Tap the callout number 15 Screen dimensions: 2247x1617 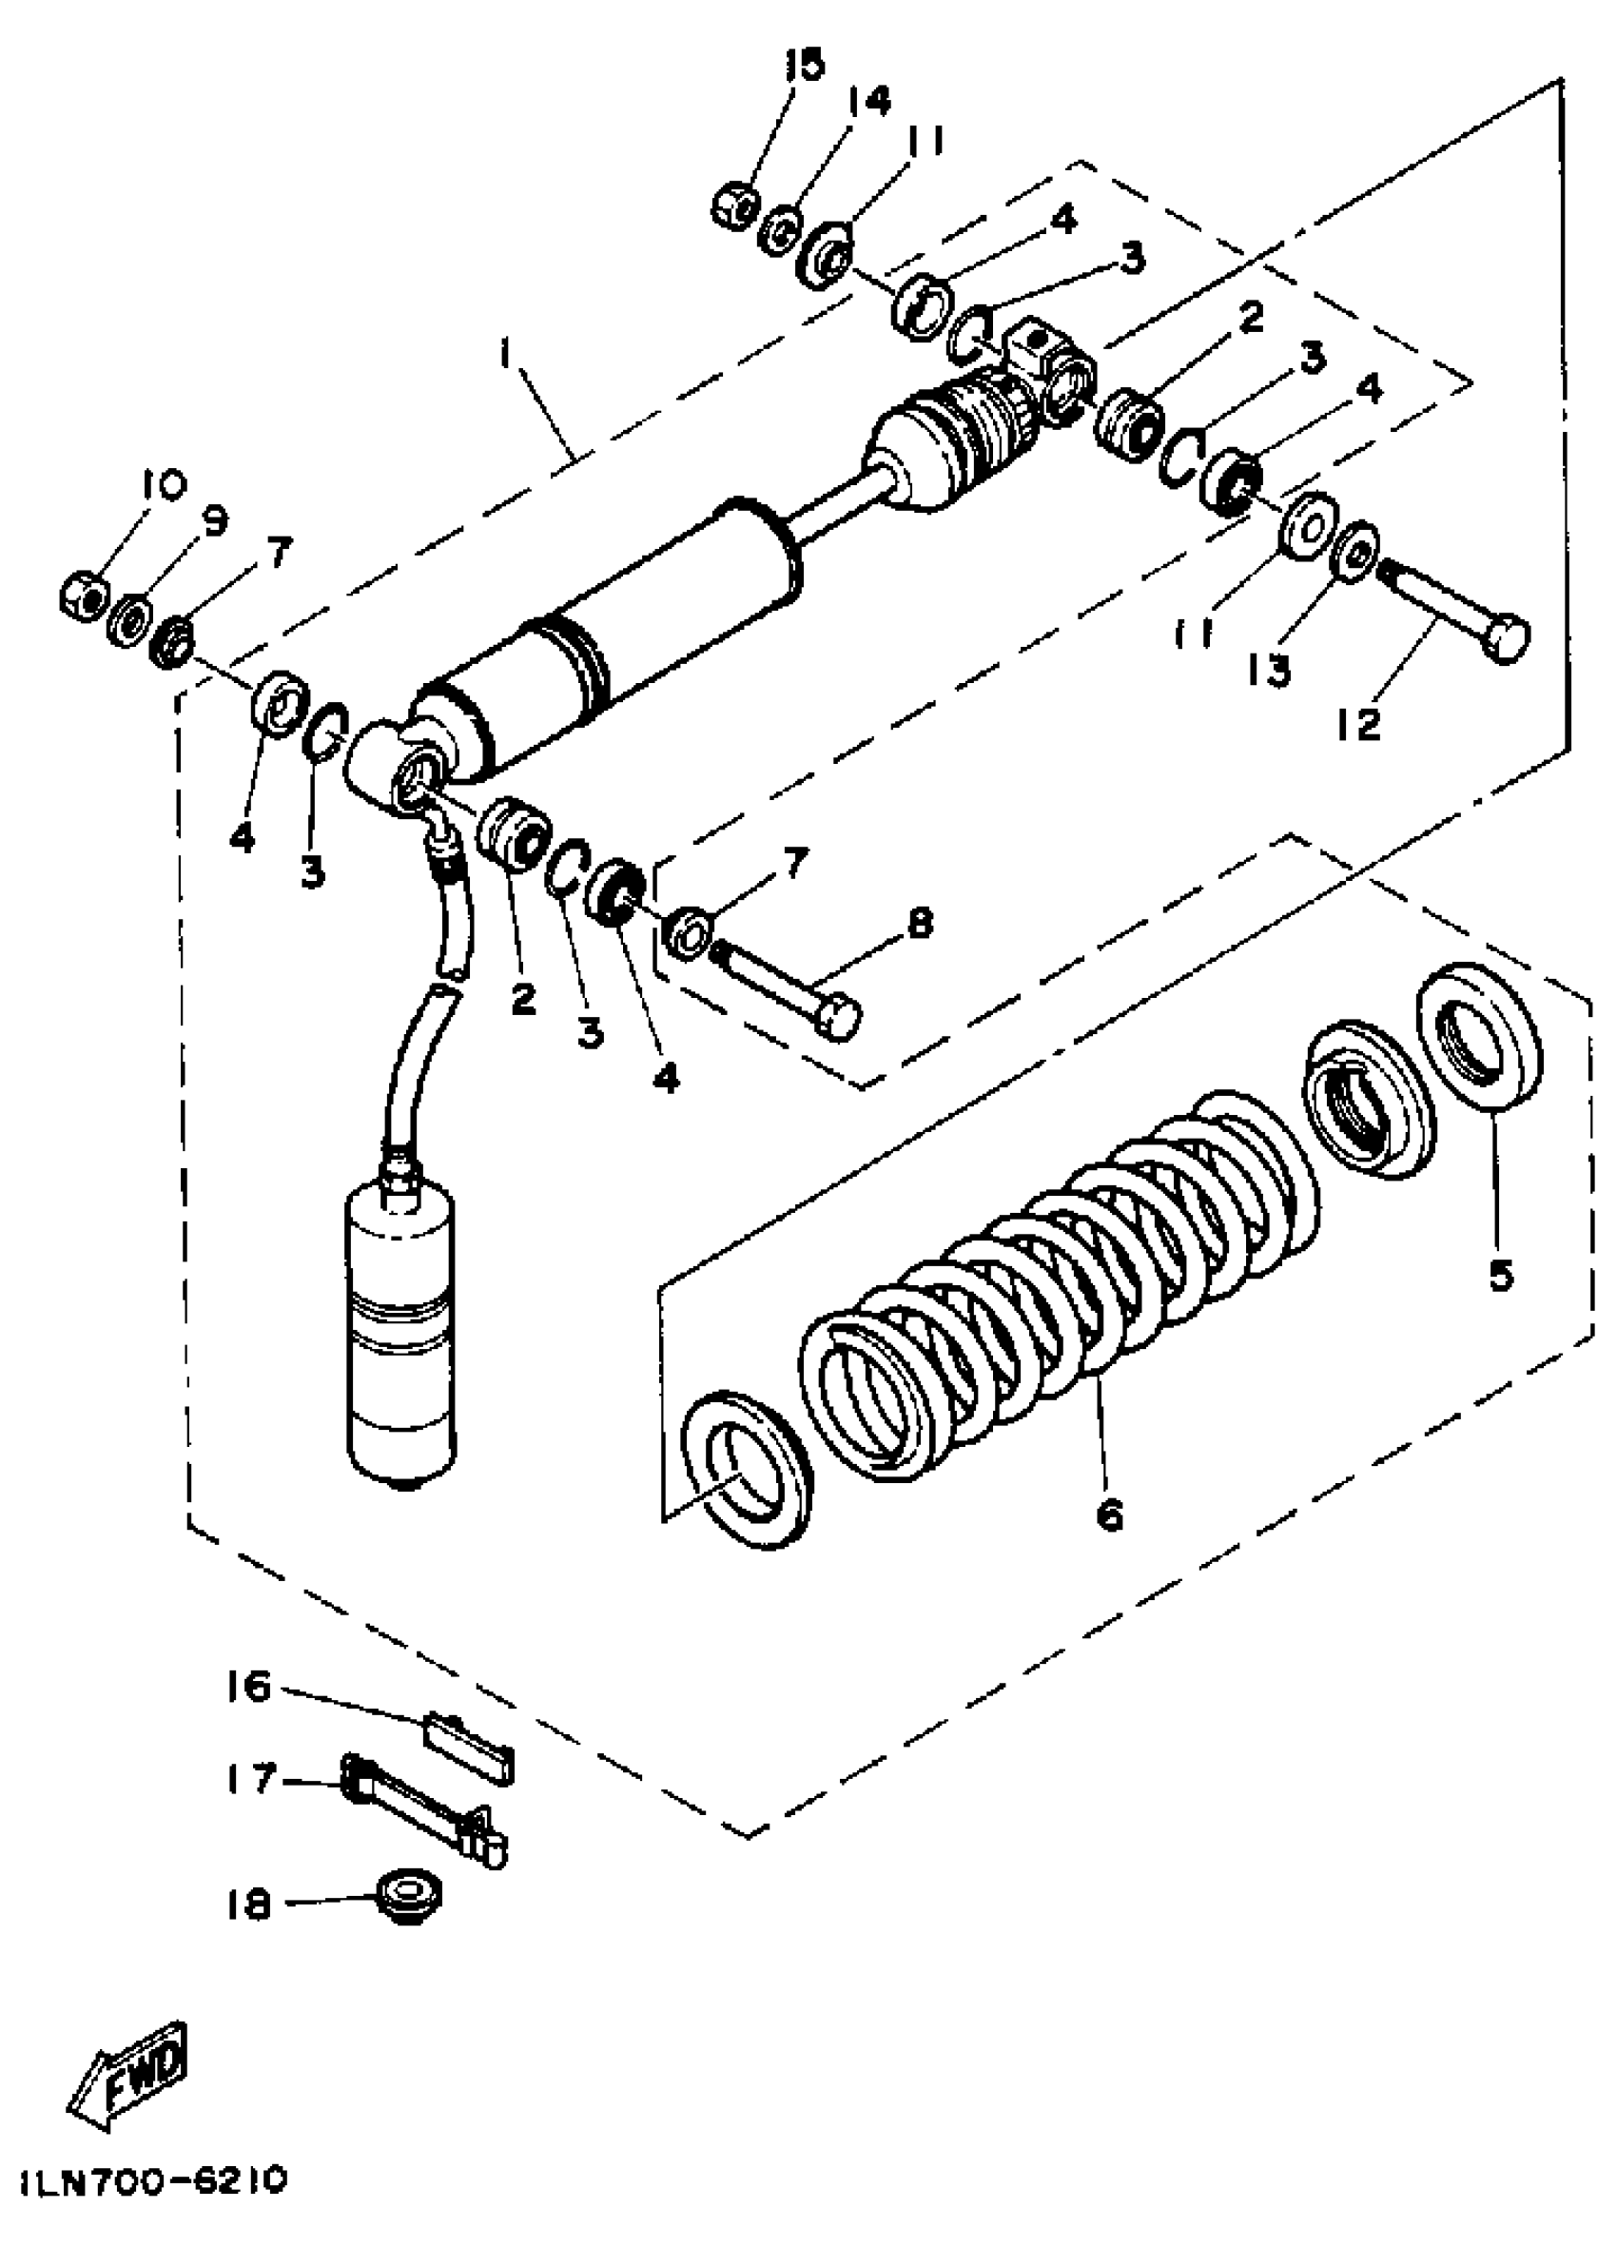(804, 66)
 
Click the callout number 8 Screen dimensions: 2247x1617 (920, 925)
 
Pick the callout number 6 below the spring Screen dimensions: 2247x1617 (1111, 1514)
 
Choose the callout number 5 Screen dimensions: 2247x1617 (1501, 1275)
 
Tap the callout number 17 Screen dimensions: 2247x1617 (247, 1779)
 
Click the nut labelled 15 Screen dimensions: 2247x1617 (734, 206)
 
